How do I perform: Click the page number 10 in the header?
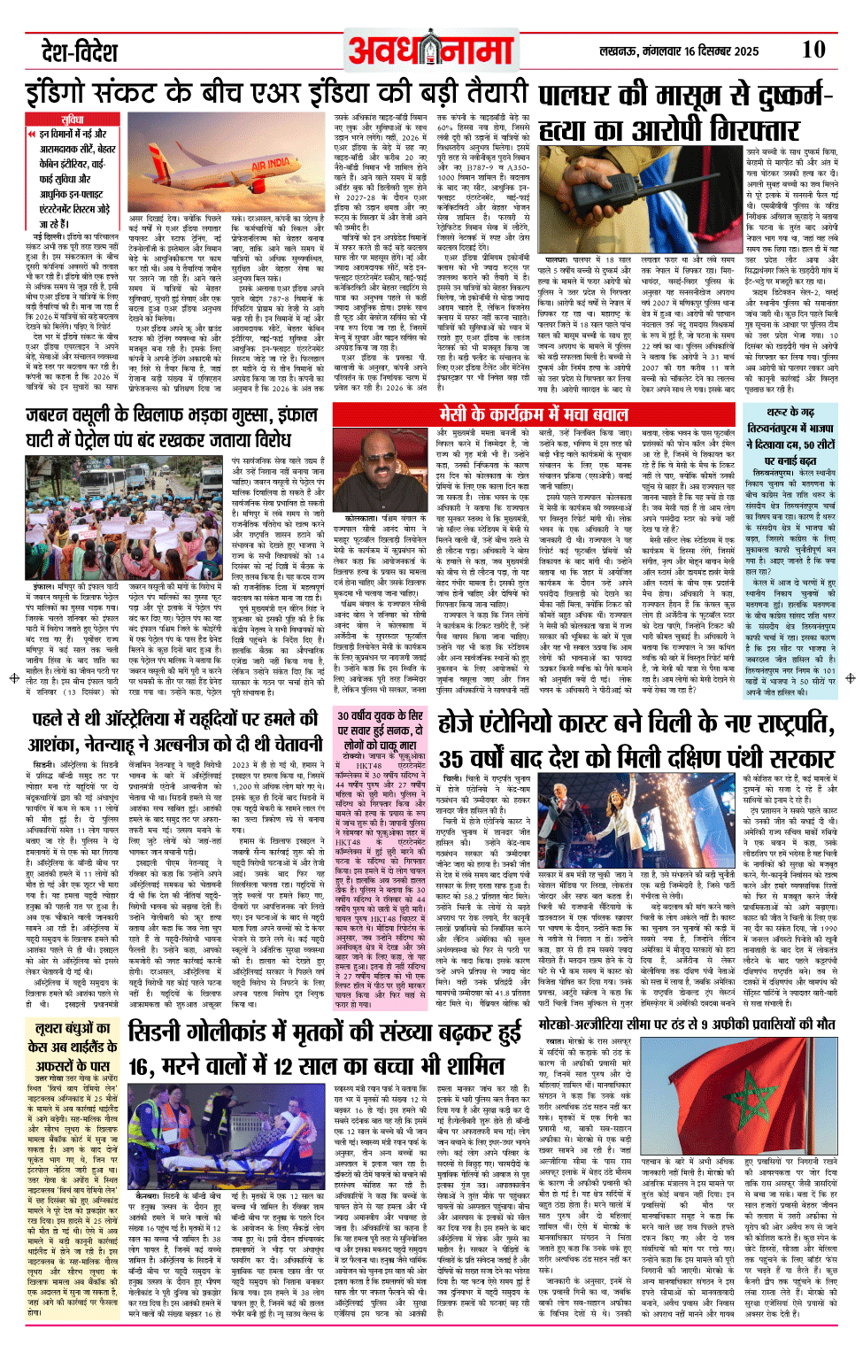pyautogui.click(x=813, y=50)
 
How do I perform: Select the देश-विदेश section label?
pyautogui.click(x=80, y=52)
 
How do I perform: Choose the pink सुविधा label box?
pyautogui.click(x=73, y=119)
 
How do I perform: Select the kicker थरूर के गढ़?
pyautogui.click(x=790, y=412)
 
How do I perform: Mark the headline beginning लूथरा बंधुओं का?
pyautogui.click(x=73, y=1029)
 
